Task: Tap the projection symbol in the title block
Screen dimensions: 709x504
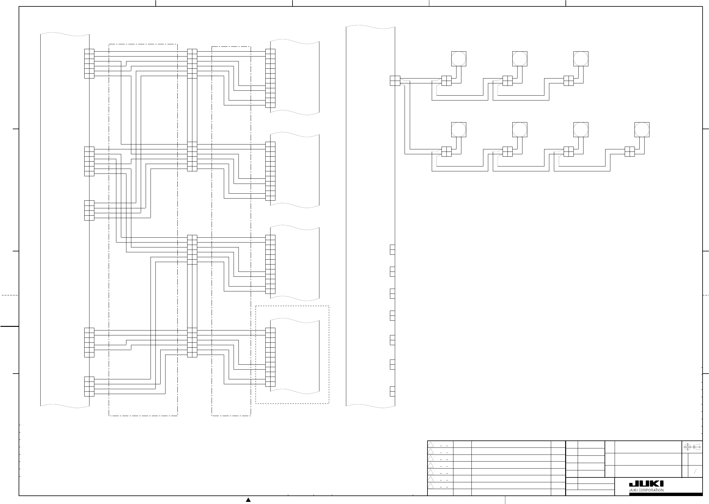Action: pos(692,447)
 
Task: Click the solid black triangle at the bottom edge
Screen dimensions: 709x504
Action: pos(248,500)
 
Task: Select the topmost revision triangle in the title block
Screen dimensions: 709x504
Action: pos(431,444)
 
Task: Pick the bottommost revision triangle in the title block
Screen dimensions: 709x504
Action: pos(431,486)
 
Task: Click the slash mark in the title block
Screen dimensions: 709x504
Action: pos(695,471)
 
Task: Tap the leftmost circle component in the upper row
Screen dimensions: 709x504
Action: pos(458,59)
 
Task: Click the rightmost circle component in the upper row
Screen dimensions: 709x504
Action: pos(580,59)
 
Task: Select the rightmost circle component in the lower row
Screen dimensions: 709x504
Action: pos(642,130)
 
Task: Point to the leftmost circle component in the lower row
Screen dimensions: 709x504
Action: pos(458,130)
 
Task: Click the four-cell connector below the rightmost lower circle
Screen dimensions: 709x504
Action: pos(629,152)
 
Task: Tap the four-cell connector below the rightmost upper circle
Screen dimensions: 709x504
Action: pos(568,81)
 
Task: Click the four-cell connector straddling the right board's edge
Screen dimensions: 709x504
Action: pos(395,81)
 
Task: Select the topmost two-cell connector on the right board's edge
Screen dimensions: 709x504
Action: pos(392,250)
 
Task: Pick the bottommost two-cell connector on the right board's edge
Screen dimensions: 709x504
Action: pos(392,391)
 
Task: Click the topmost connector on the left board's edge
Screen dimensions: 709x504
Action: pos(89,64)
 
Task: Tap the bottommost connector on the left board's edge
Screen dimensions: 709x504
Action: pos(89,386)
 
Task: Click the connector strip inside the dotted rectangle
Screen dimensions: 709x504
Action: pos(270,357)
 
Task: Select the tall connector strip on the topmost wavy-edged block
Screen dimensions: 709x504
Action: pos(270,78)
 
